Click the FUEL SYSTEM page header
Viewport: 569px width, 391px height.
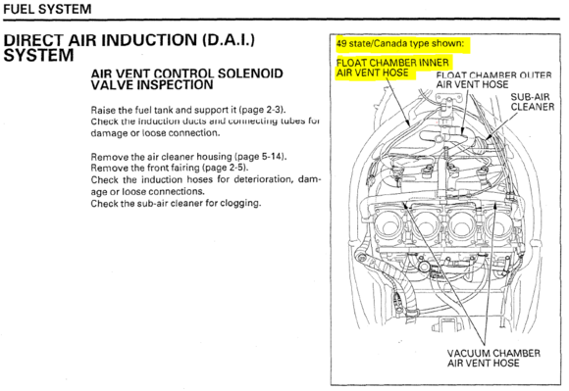[47, 9]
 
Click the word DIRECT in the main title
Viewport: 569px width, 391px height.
[33, 40]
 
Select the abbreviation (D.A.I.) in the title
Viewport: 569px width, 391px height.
[229, 40]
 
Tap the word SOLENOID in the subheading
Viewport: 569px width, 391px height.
[250, 73]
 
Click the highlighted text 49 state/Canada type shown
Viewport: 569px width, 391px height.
[400, 43]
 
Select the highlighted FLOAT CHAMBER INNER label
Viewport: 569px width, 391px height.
[392, 63]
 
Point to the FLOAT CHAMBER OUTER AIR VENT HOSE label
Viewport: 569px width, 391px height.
[493, 79]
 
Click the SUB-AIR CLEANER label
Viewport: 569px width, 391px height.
[533, 102]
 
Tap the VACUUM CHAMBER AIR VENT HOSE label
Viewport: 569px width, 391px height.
[493, 358]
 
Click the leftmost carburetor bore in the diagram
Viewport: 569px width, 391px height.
[389, 226]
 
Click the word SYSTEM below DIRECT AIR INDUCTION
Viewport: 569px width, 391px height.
[38, 56]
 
